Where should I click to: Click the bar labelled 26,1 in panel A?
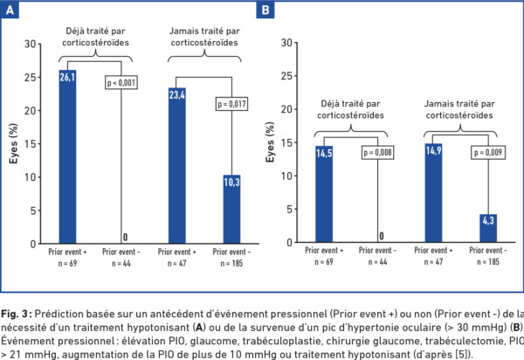67,157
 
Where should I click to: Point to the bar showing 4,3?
487,229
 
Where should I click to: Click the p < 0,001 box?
121,83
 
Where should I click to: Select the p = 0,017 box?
231,105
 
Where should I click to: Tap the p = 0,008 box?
378,154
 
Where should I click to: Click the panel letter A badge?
10,10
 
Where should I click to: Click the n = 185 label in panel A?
231,263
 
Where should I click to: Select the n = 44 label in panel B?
378,263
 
